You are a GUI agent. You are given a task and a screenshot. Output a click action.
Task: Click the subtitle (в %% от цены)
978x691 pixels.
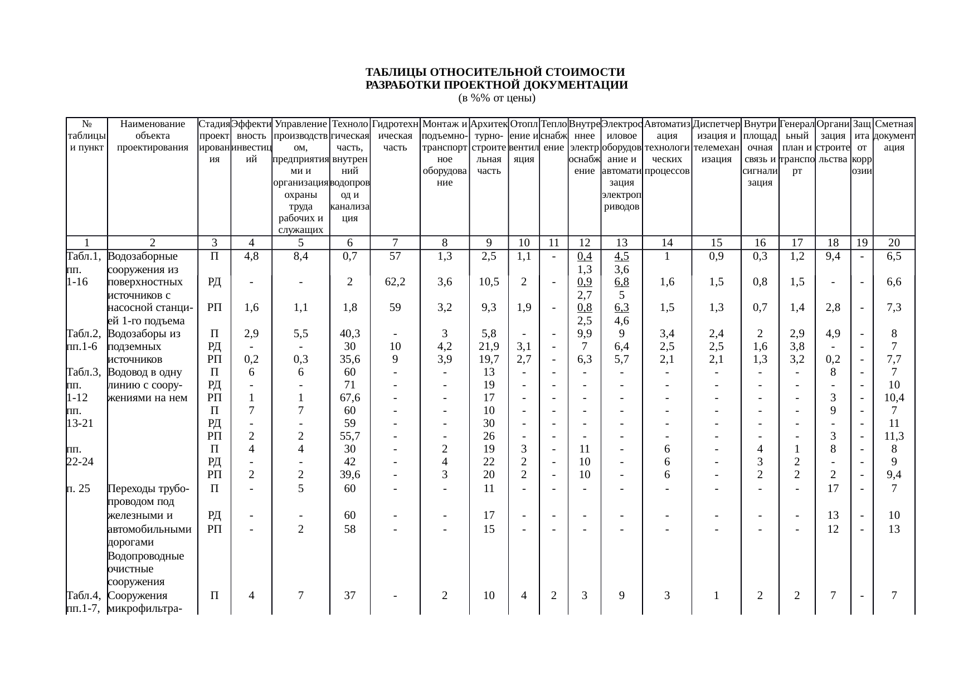click(496, 99)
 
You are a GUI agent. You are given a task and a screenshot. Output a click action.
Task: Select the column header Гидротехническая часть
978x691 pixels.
click(395, 130)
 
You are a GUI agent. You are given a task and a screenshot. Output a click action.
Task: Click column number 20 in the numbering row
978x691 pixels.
click(894, 242)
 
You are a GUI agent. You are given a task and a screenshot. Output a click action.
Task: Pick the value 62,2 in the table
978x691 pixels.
click(395, 282)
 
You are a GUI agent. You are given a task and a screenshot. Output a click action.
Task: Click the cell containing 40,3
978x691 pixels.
click(349, 334)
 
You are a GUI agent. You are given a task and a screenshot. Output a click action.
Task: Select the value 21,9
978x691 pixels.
click(489, 347)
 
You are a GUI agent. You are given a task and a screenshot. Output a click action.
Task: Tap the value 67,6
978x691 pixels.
click(349, 398)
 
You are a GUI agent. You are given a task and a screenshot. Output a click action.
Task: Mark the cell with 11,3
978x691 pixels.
click(894, 436)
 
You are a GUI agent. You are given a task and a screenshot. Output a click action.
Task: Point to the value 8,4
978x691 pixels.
click(300, 256)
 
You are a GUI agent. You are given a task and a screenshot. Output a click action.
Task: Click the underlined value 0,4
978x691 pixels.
click(584, 256)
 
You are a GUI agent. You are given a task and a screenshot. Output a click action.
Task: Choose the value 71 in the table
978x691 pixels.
click(349, 385)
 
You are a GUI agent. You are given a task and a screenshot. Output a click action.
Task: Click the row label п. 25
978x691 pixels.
click(78, 489)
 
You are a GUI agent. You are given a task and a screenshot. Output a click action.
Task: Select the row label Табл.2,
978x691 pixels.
click(83, 334)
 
